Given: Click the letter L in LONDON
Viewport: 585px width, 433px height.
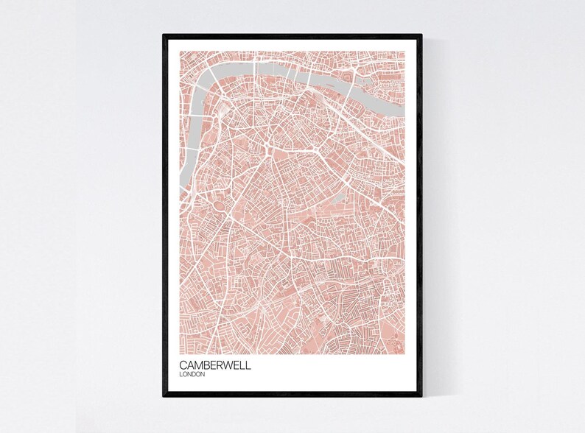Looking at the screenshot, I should (x=181, y=375).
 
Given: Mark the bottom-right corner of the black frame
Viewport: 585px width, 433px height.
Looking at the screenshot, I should (x=421, y=396).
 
